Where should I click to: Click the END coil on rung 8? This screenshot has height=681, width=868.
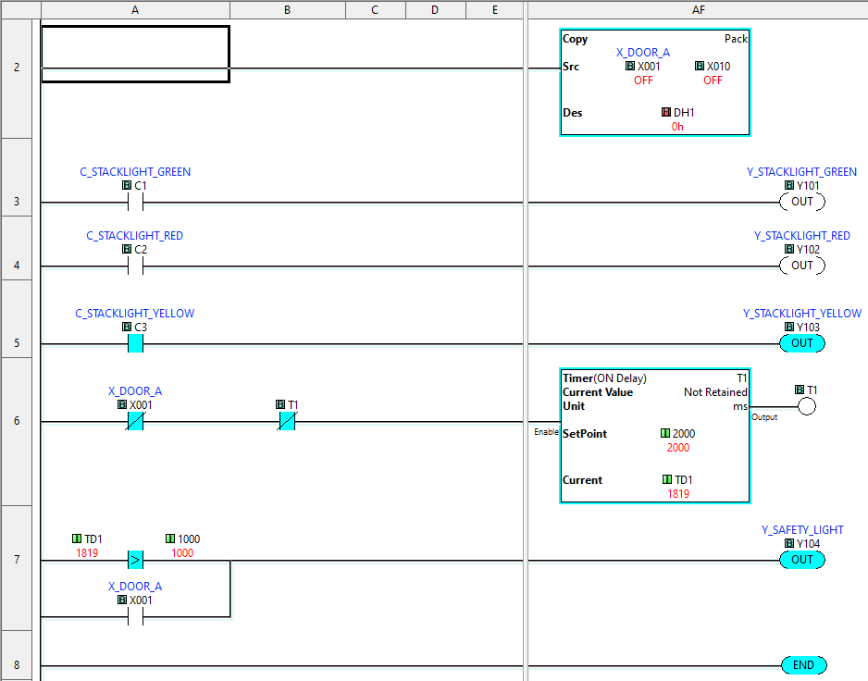[x=803, y=665]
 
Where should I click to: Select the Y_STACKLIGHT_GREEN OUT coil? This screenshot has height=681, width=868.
[x=802, y=202]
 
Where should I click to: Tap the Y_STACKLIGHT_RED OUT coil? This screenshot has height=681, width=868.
[x=802, y=266]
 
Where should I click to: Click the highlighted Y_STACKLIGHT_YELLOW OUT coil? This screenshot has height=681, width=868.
[x=802, y=343]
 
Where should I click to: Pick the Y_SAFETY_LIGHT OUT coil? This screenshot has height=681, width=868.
[x=802, y=560]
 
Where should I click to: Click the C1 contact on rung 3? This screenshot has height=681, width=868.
[x=135, y=203]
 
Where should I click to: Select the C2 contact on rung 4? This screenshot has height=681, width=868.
[x=135, y=266]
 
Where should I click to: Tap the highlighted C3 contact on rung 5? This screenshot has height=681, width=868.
[x=135, y=343]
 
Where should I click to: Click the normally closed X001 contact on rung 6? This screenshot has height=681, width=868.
[x=135, y=421]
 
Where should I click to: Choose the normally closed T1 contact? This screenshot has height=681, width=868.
[x=287, y=421]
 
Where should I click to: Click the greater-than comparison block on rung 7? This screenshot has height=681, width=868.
[x=135, y=560]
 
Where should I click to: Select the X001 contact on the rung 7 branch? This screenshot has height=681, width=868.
[x=135, y=616]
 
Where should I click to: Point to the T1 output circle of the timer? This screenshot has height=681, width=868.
[x=807, y=407]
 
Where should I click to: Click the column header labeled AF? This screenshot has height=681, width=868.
[x=698, y=10]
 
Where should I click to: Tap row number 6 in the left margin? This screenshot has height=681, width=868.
[x=17, y=421]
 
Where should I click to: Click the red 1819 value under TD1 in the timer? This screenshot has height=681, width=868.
[x=678, y=494]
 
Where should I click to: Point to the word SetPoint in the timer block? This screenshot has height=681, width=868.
[x=585, y=434]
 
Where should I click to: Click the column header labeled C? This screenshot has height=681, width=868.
[x=375, y=10]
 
